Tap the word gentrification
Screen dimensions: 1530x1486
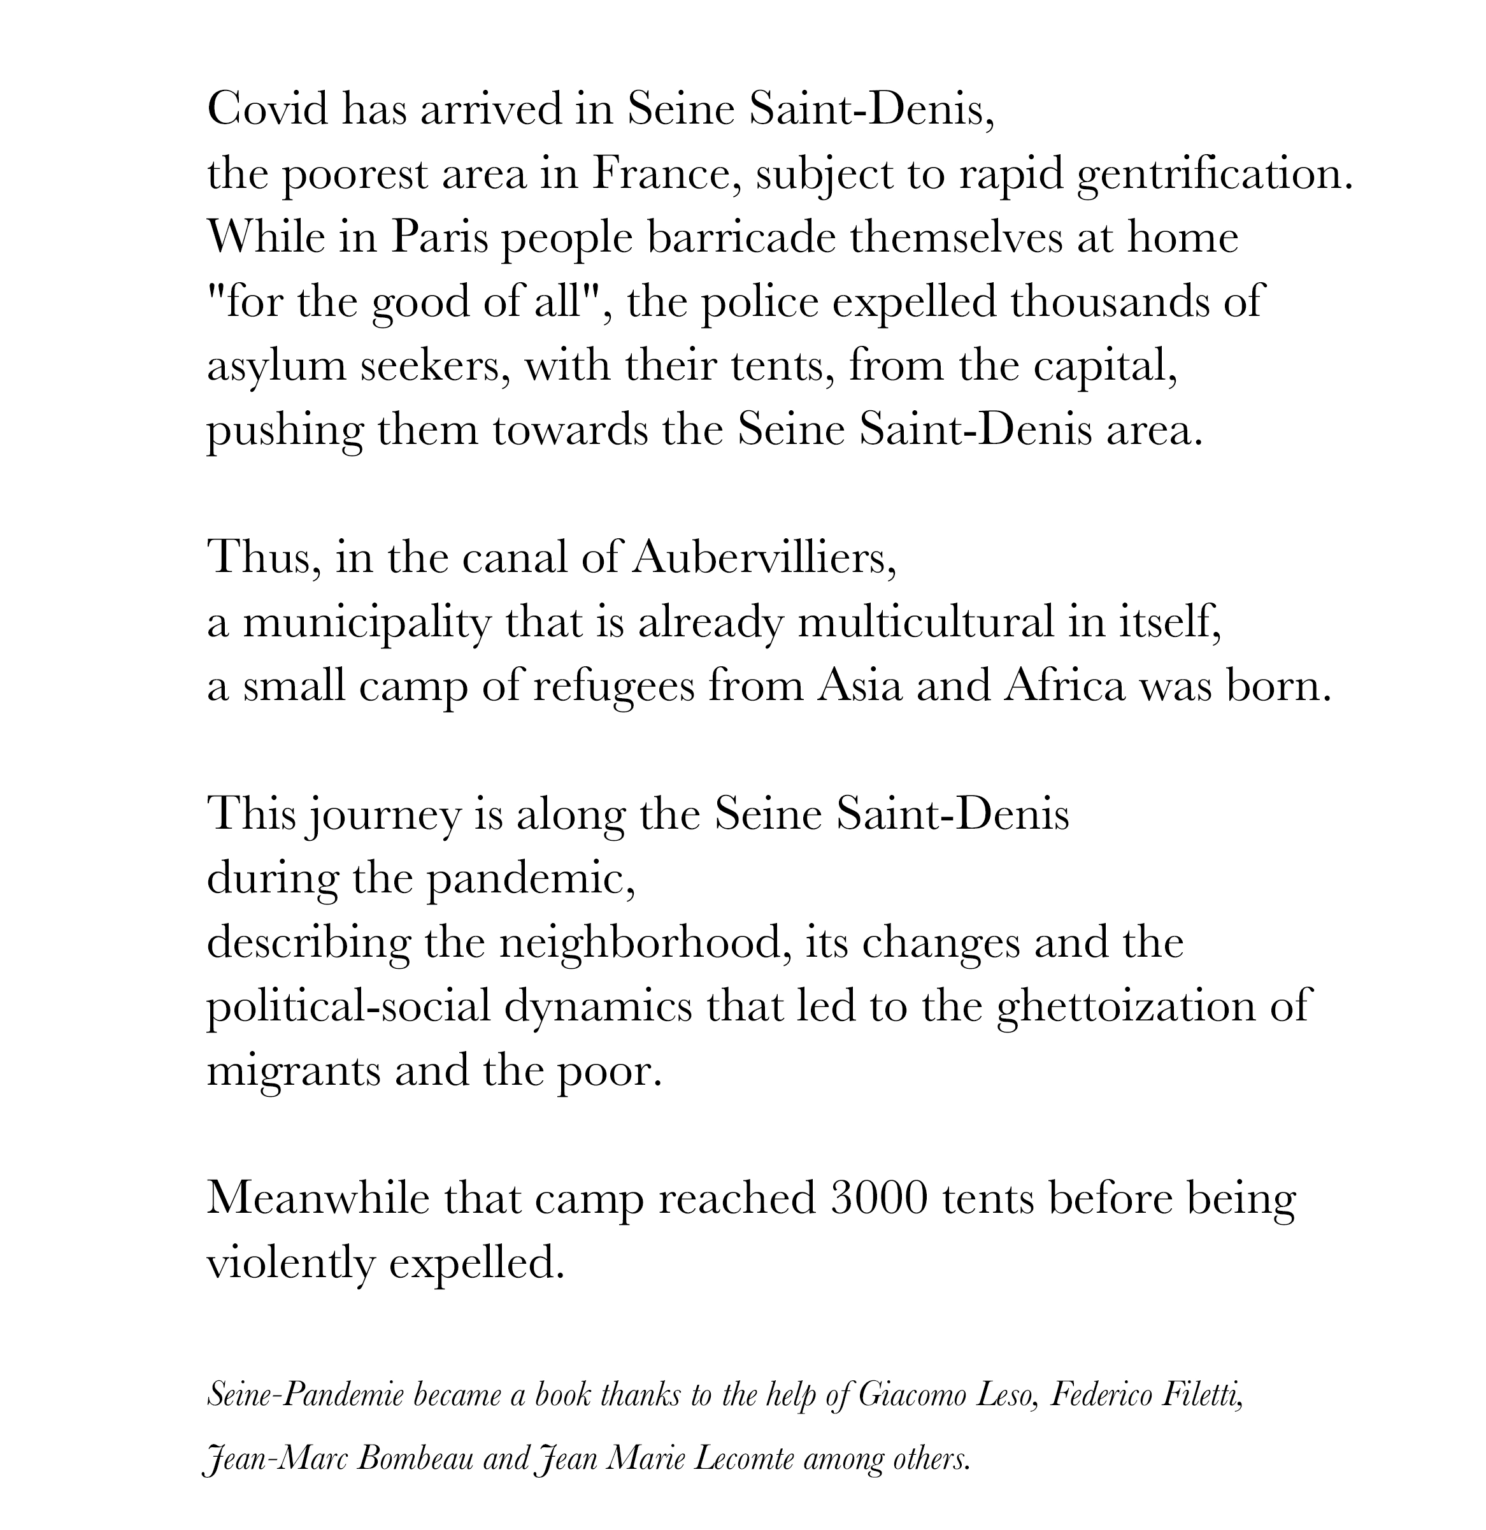coord(1213,175)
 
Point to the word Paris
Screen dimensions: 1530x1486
coord(439,238)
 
